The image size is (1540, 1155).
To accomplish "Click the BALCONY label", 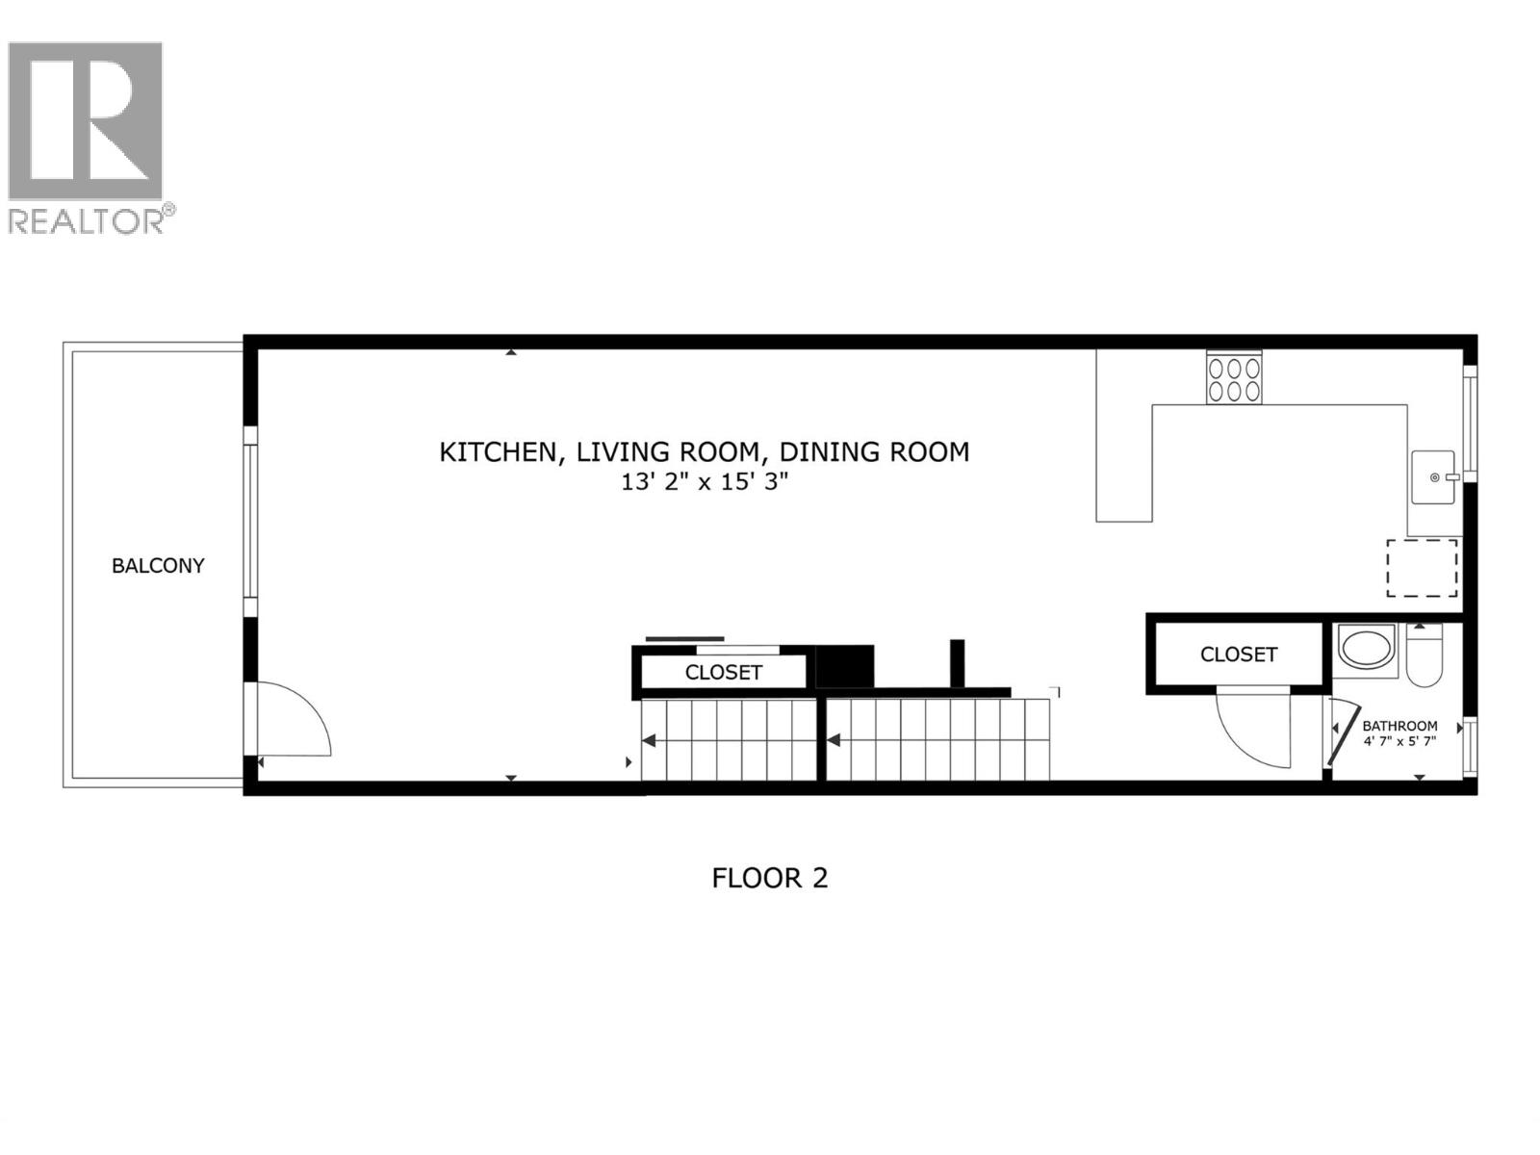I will (158, 566).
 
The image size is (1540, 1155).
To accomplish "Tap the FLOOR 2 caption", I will (769, 878).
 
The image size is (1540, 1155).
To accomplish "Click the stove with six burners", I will (1234, 378).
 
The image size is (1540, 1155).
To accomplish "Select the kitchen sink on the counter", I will (1433, 477).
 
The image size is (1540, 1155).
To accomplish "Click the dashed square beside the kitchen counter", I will (1422, 568).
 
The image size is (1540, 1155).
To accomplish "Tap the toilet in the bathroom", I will (1424, 657).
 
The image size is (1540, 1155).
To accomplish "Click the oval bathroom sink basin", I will (1366, 649).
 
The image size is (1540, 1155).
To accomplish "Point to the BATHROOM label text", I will (1399, 726).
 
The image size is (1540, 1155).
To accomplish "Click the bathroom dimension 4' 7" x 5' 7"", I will (1399, 741).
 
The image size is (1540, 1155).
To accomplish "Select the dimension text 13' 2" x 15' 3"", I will (704, 482).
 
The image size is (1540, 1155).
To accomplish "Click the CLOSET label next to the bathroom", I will (1238, 654).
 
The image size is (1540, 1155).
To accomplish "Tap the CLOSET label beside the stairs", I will (723, 673).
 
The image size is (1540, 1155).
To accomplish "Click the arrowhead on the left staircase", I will (649, 740).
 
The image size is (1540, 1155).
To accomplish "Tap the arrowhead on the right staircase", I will (834, 740).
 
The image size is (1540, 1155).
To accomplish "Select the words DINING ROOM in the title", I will (874, 451).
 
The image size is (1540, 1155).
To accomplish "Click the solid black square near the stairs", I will (844, 665).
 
